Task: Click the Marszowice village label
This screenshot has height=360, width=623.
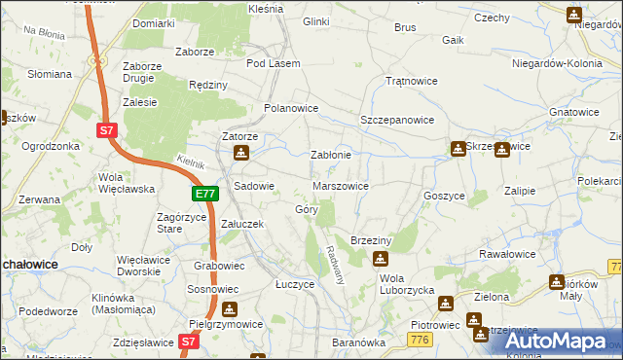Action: point(340,185)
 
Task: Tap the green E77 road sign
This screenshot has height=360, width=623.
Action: point(203,195)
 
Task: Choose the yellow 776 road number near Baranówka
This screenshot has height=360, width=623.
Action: point(421,338)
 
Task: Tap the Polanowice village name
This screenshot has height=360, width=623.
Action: point(292,108)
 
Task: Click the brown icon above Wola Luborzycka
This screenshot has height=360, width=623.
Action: point(380,259)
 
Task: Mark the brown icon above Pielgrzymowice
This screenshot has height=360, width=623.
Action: point(230,310)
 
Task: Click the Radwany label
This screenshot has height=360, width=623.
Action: point(337,264)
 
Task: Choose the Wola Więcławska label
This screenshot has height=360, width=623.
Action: point(121,183)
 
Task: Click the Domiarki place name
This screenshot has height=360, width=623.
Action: point(154,22)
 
